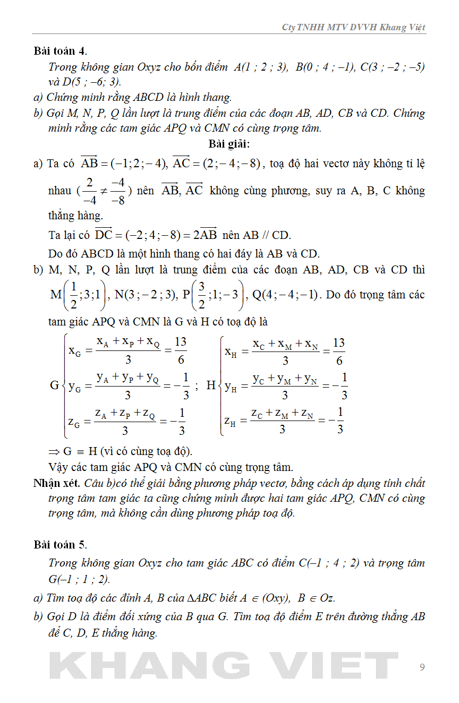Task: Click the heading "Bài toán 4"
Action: click(x=59, y=52)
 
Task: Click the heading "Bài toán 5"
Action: click(x=59, y=545)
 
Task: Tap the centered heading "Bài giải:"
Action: click(x=229, y=144)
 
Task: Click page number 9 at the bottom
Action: click(x=422, y=667)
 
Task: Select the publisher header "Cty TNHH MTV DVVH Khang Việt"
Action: click(x=353, y=28)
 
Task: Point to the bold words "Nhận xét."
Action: click(x=56, y=483)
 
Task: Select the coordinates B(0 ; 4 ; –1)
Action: click(x=325, y=67)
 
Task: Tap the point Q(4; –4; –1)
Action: click(x=287, y=295)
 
